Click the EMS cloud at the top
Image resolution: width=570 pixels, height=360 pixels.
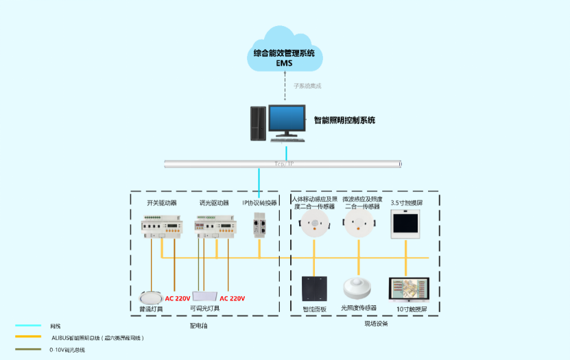click(x=285, y=52)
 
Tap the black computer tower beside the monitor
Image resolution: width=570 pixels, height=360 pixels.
click(x=257, y=123)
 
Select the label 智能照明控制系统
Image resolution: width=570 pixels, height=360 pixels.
click(x=344, y=120)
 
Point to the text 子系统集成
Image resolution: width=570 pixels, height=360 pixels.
click(x=307, y=86)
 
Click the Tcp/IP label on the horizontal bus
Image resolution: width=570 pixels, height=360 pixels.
click(x=284, y=164)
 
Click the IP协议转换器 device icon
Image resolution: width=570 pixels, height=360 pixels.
click(x=259, y=225)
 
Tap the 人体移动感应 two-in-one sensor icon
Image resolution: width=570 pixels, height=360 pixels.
click(x=314, y=224)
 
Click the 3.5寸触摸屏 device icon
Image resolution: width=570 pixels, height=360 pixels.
click(x=405, y=224)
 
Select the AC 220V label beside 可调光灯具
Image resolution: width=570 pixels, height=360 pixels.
click(x=233, y=298)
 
